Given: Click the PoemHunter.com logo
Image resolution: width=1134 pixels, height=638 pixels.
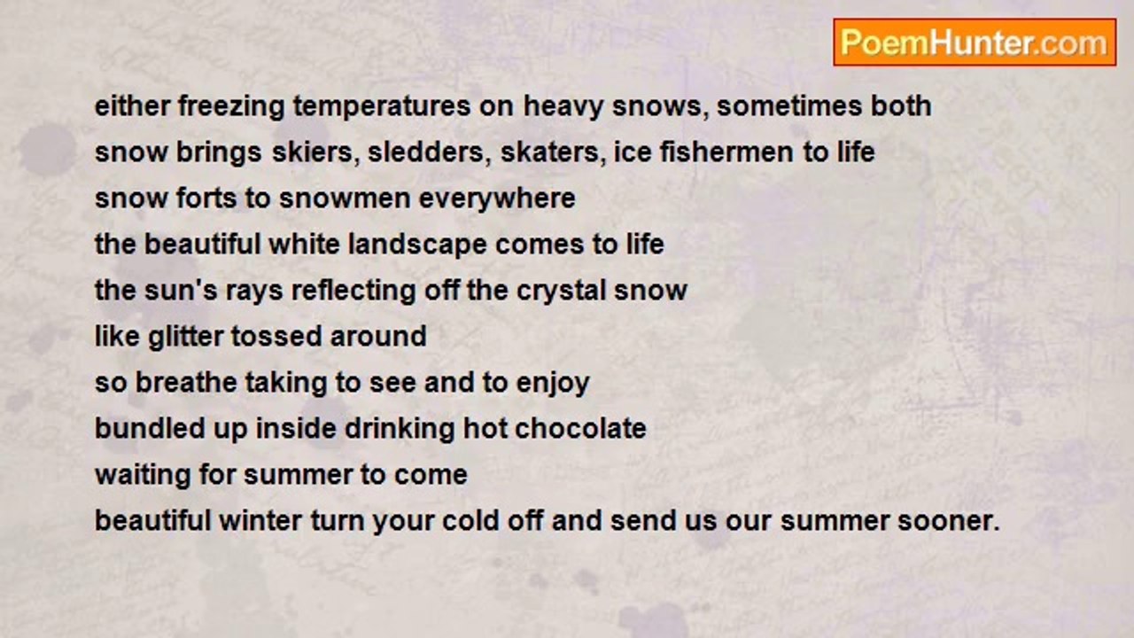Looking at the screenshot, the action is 975,43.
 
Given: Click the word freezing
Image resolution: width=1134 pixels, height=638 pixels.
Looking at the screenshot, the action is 231,107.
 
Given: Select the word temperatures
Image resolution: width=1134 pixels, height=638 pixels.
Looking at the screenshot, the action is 382,107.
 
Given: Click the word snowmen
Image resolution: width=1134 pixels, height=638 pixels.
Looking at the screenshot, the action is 345,198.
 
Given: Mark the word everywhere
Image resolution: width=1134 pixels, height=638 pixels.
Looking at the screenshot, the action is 497,199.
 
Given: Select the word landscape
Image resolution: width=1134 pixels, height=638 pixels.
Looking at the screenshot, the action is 417,245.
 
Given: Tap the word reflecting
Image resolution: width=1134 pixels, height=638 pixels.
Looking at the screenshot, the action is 353,292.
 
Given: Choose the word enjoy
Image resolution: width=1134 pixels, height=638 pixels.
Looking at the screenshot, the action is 553,384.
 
